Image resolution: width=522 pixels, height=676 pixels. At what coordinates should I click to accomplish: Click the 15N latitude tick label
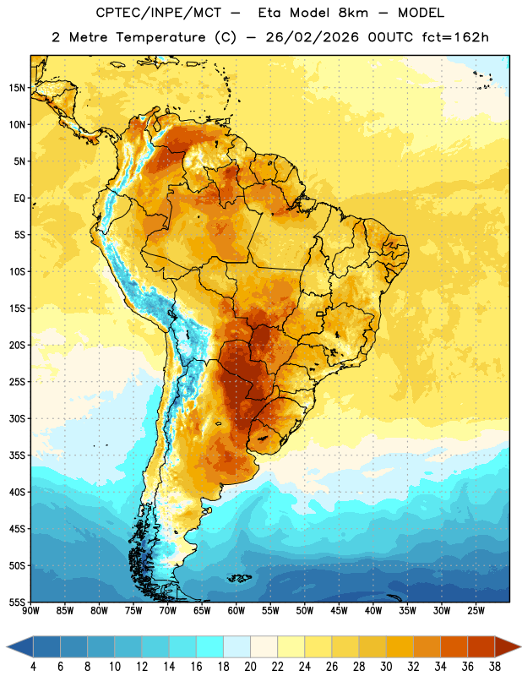tap(17, 88)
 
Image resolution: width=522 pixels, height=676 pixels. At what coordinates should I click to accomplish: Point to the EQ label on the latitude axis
tap(19, 199)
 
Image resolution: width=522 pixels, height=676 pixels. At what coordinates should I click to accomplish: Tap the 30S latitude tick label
tap(17, 418)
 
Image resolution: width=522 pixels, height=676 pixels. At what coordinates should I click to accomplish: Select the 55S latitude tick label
tap(17, 602)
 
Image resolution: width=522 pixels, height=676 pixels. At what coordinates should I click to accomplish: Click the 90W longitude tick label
tap(30, 611)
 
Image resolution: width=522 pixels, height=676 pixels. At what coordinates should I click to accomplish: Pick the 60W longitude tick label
tap(237, 611)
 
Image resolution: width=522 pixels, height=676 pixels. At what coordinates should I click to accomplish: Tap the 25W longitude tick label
tap(476, 611)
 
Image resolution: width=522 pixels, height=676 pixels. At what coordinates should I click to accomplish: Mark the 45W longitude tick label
tap(339, 611)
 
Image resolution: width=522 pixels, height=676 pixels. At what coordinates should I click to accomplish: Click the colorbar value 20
tap(250, 667)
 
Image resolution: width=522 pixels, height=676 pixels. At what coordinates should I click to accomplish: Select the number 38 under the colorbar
tap(495, 667)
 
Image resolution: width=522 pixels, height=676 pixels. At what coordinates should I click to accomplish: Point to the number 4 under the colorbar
tap(33, 667)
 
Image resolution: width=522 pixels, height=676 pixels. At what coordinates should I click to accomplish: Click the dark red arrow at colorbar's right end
tap(508, 646)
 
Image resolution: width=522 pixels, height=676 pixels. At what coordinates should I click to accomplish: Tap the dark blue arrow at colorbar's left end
tap(19, 646)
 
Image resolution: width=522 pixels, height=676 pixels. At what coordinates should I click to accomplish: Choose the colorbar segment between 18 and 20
tap(237, 646)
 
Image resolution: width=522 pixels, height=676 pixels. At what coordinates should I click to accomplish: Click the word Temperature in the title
tap(160, 37)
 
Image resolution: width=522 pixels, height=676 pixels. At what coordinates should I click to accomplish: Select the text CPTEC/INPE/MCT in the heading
tap(158, 13)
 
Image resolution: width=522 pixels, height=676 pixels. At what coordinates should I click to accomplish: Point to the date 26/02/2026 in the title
tap(312, 37)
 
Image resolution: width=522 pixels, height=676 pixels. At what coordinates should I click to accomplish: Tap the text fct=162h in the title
tap(455, 37)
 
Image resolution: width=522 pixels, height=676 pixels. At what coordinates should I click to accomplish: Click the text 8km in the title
tap(353, 13)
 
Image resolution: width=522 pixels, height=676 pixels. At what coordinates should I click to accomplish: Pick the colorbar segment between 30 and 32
tap(400, 646)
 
